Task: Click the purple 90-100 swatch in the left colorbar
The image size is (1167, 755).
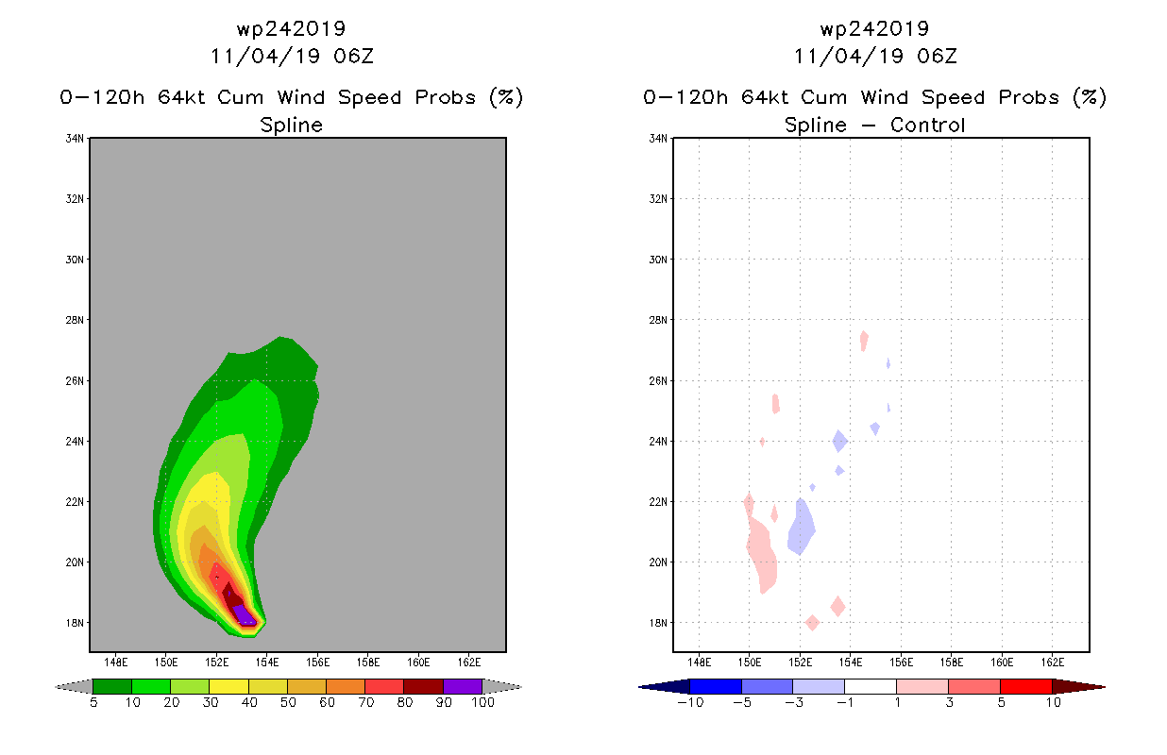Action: tap(463, 686)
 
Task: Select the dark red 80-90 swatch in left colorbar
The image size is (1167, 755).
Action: tap(424, 686)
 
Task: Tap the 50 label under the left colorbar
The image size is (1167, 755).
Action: tap(288, 702)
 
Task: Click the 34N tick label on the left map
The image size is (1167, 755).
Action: tap(75, 139)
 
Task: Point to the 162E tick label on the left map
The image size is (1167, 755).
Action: tap(469, 663)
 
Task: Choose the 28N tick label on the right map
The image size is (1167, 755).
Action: tap(658, 320)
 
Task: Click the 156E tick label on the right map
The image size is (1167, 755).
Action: tap(901, 663)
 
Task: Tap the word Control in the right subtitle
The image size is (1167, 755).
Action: tap(927, 125)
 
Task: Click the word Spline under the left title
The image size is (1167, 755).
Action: tap(291, 126)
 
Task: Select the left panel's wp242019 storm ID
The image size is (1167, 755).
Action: tap(291, 29)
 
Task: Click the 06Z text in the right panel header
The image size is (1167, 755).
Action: tap(937, 57)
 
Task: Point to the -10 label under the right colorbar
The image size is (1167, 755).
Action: tap(691, 702)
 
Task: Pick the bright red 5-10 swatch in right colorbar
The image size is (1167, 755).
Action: tap(1025, 686)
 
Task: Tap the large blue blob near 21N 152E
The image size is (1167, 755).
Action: tap(801, 527)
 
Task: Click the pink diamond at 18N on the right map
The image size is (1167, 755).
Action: tap(812, 622)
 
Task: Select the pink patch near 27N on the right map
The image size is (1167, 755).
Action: tap(864, 341)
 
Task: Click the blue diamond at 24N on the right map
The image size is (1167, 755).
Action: tap(839, 441)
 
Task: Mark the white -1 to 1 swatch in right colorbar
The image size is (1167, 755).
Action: tap(870, 686)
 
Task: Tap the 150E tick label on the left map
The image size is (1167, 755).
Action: tap(165, 663)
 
